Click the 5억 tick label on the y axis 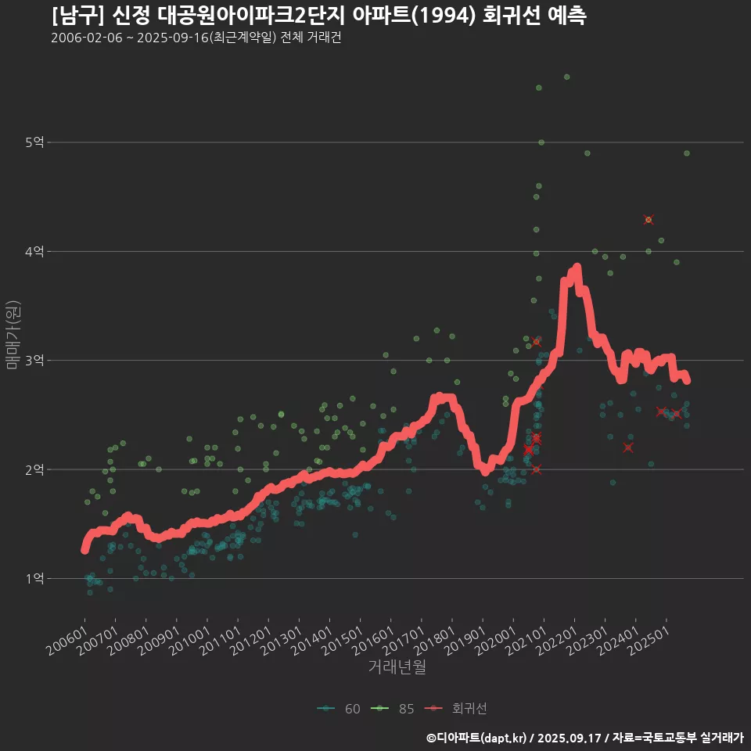tap(34, 142)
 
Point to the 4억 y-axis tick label tap(34, 252)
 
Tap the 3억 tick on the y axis tap(34, 361)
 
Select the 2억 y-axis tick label tap(34, 470)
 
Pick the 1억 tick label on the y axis tap(34, 579)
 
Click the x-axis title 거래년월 tap(397, 667)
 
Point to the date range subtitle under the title tap(196, 38)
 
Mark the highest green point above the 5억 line tap(567, 77)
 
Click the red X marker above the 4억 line tap(649, 220)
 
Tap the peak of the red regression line tap(577, 268)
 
